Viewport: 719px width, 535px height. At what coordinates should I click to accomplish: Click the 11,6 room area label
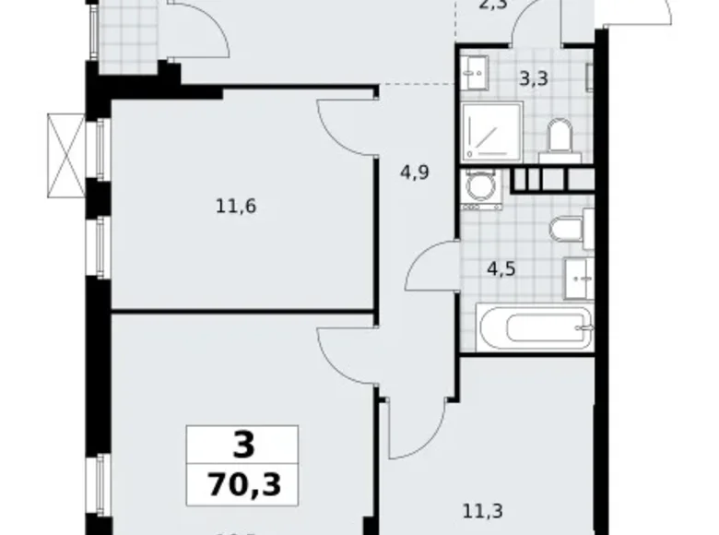click(x=235, y=206)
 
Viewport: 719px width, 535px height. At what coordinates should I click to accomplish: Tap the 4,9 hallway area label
click(x=414, y=171)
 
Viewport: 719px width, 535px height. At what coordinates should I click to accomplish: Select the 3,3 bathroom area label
click(x=535, y=78)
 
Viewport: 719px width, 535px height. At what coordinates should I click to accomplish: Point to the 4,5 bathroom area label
click(x=501, y=269)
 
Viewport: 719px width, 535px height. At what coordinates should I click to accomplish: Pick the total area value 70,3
click(x=242, y=483)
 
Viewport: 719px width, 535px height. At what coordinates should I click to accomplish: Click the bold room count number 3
click(x=242, y=446)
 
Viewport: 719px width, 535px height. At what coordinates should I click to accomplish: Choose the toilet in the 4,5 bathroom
click(x=567, y=229)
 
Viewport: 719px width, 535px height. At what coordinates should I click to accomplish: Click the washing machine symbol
click(x=478, y=188)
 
